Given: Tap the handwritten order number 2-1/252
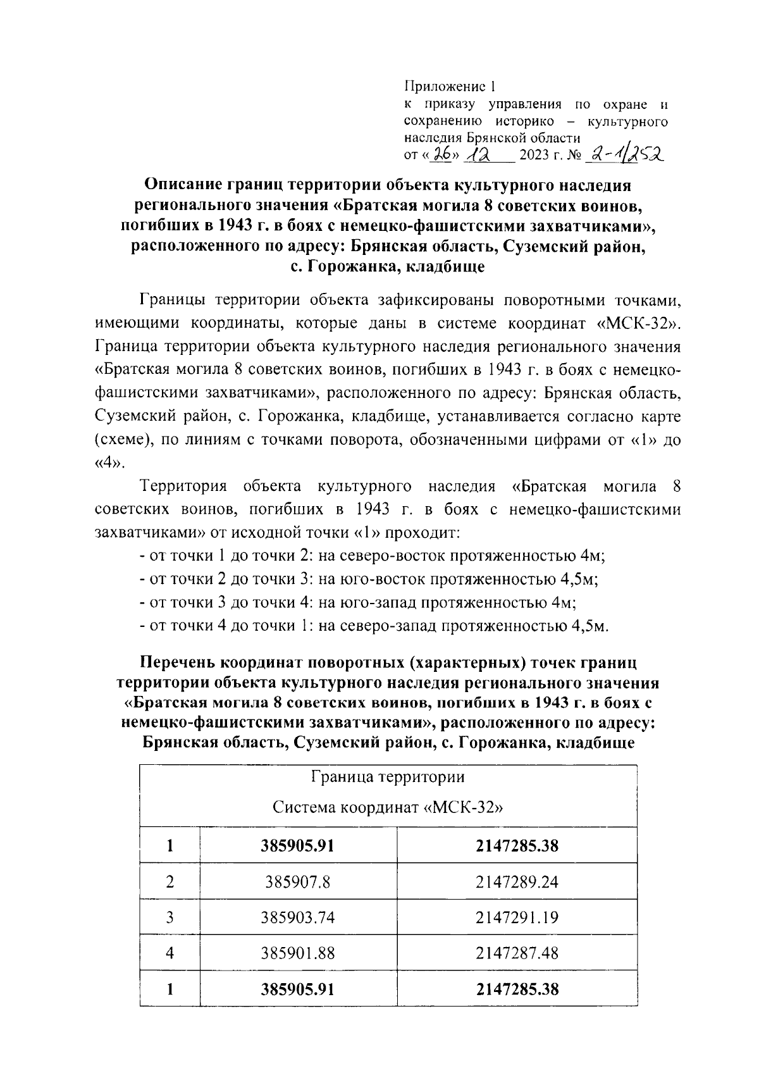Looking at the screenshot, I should click(622, 154).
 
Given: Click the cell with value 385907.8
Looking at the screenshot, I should click(297, 881).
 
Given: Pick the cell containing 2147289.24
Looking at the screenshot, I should click(517, 881).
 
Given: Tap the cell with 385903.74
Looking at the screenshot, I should click(297, 917).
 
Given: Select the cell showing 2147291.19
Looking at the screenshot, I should click(517, 917).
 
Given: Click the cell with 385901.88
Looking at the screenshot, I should click(297, 953).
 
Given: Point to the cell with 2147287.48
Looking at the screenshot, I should click(517, 953).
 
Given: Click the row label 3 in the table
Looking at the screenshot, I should click(170, 917).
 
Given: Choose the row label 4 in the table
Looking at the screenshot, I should click(170, 953).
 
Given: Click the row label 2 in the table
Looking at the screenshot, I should click(170, 881).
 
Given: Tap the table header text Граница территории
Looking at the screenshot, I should click(388, 777).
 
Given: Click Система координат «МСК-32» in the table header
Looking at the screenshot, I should click(388, 808).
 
